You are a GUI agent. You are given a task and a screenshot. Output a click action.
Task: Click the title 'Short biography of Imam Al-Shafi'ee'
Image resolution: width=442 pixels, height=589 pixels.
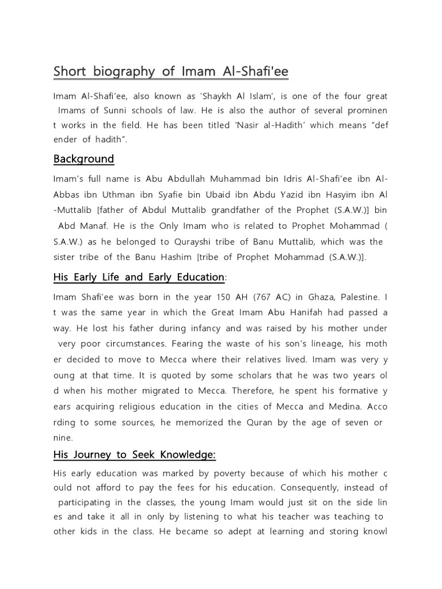[x=171, y=71]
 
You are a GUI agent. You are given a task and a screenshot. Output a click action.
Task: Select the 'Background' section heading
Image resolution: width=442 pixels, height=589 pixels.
[x=83, y=158]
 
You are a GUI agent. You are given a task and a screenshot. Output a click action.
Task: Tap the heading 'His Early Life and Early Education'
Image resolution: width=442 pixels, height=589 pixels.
[x=139, y=277]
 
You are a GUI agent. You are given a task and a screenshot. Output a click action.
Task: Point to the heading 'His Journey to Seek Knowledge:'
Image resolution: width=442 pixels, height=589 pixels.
[x=135, y=454]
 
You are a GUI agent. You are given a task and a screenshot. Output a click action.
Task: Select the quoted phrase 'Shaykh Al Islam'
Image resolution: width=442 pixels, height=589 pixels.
[x=213, y=95]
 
